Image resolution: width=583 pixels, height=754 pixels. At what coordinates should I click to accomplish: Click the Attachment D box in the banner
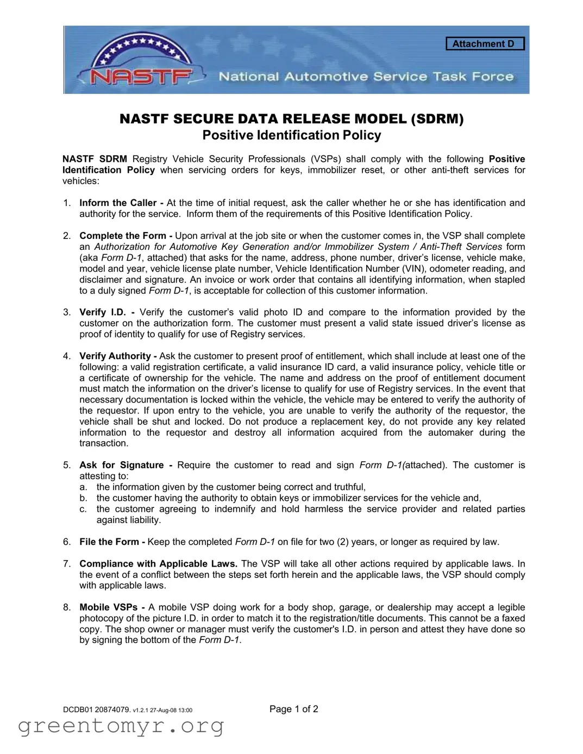coord(485,44)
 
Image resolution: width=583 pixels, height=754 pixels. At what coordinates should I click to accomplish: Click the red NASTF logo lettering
coord(140,77)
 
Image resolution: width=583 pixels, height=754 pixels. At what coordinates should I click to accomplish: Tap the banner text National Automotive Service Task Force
coord(366,77)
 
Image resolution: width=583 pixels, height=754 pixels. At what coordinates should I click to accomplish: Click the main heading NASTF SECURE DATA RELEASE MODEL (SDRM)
coord(291,119)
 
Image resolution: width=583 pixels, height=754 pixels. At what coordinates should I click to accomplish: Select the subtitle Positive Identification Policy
coord(291,135)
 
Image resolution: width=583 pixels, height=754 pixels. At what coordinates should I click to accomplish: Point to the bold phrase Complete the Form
coord(123,236)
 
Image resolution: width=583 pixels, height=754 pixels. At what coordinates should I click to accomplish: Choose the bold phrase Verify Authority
coord(115,356)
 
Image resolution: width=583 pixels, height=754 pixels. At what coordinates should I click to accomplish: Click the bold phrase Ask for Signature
coord(122,465)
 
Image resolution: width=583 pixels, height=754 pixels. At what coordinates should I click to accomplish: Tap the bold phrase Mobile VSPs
coord(109,607)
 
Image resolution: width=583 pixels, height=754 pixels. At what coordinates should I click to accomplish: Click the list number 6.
coord(66,542)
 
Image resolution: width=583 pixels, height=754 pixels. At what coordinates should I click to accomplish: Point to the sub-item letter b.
coord(83,498)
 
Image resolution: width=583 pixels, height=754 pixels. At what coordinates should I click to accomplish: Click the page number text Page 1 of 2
coord(293,709)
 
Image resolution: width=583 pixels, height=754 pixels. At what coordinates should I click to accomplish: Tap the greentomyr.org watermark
coord(121,726)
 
